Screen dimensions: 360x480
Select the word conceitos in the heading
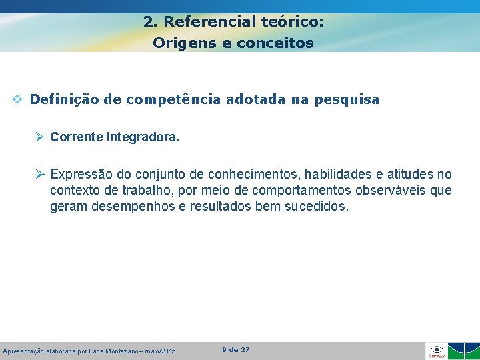point(275,43)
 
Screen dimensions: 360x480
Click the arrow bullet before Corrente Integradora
point(40,137)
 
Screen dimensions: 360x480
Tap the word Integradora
point(142,137)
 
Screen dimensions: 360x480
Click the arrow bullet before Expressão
point(40,175)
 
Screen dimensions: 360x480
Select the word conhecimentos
point(255,175)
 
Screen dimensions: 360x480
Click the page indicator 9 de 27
point(236,350)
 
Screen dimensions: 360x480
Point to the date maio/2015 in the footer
point(160,351)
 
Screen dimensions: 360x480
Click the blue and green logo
point(463,351)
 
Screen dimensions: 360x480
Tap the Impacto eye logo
point(436,351)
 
